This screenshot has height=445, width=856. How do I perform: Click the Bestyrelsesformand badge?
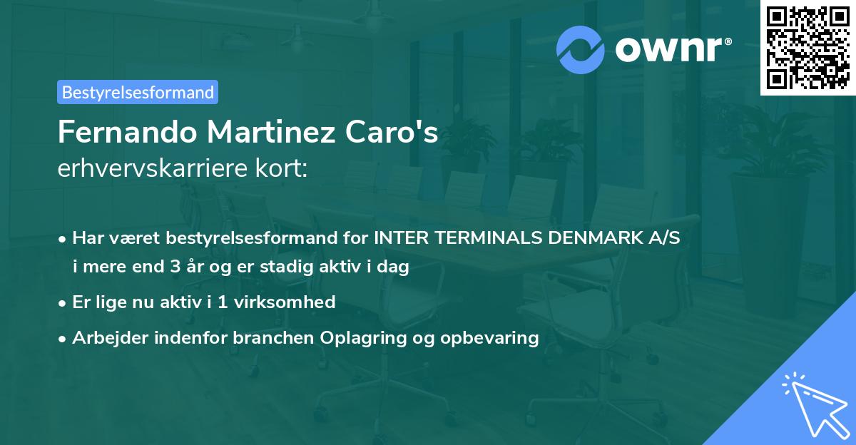click(x=138, y=92)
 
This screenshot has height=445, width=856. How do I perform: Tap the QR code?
click(x=807, y=47)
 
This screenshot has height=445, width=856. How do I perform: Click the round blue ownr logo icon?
click(x=581, y=50)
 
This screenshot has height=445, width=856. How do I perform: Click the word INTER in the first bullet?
click(x=397, y=238)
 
